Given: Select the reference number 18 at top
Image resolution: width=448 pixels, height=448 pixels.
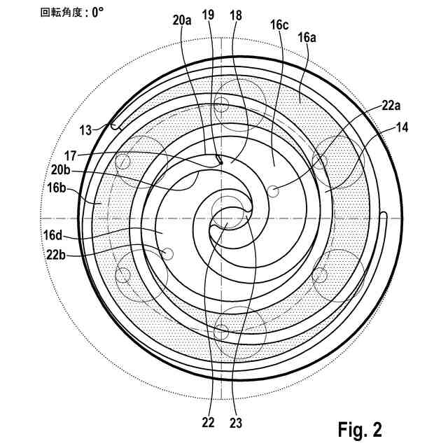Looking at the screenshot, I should point(234,14).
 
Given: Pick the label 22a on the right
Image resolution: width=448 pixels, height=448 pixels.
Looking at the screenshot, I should point(392,106).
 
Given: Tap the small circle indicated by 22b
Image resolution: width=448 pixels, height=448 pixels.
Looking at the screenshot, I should point(167,252).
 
